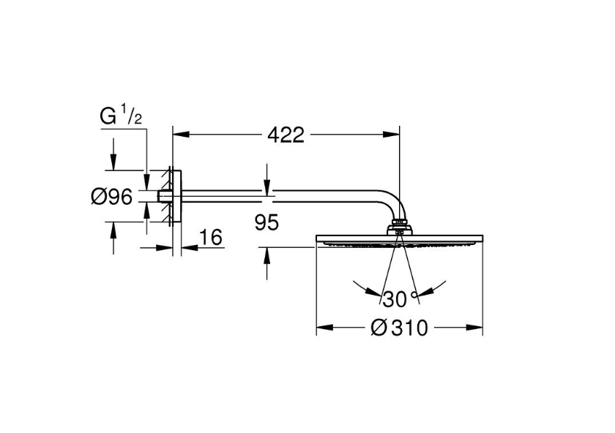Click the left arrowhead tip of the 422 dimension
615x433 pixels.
pos(173,135)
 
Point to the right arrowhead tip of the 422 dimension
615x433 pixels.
pos(399,135)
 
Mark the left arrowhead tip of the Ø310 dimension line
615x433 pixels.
pos(316,327)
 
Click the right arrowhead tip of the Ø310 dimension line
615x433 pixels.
pos(482,327)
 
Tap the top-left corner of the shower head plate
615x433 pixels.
pos(316,235)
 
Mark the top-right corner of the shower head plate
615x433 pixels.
pos(482,235)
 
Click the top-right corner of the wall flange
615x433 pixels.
pos(182,170)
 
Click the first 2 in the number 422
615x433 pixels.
pos(287,135)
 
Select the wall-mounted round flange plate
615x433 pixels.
pos(177,196)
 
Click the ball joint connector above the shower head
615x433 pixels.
pos(399,227)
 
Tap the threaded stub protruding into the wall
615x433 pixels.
pos(164,196)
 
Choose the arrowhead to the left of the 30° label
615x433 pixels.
pos(372,291)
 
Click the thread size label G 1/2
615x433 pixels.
pos(121,116)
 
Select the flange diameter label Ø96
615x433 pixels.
pos(111,196)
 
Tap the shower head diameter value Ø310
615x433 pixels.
pos(399,328)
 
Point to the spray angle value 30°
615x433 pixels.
pos(399,299)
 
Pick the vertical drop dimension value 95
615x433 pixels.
pos(266,222)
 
